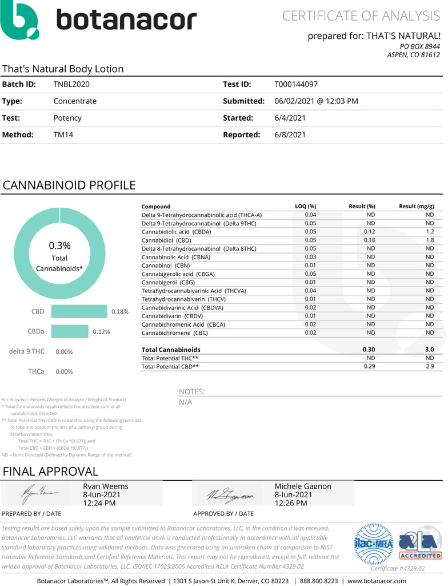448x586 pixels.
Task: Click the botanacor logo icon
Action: (21, 20)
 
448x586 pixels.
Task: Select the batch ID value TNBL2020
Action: (71, 84)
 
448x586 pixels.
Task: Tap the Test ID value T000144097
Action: (299, 84)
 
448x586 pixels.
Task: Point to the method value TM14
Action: (63, 135)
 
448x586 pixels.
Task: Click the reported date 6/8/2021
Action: (290, 135)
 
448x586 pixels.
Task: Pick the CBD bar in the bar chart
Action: (79, 311)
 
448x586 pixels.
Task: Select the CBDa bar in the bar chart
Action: (70, 331)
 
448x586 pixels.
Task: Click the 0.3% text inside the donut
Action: (59, 246)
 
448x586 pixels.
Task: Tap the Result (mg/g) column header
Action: (416, 206)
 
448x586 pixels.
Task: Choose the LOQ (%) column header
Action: (306, 206)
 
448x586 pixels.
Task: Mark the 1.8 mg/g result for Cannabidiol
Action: (430, 240)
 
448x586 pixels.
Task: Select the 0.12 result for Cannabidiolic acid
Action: (370, 232)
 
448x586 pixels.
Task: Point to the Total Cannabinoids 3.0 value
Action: (429, 349)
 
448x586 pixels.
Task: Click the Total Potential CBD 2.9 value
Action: (429, 366)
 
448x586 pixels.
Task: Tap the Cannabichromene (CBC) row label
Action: (175, 332)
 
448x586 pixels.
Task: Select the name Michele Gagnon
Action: (303, 486)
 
